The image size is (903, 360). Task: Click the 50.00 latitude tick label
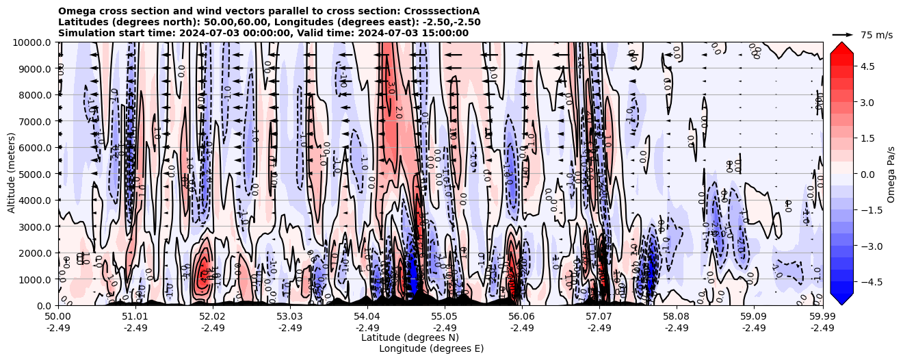point(58,316)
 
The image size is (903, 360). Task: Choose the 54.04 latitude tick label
point(367,316)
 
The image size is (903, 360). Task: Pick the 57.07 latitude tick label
point(599,316)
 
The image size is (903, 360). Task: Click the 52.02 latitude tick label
point(213,316)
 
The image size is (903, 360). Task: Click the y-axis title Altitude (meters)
point(12,174)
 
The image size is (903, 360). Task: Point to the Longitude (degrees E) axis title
point(431,348)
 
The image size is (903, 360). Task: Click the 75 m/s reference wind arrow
point(843,34)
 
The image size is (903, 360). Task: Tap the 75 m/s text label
point(876,35)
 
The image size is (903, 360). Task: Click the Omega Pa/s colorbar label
point(891,174)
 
